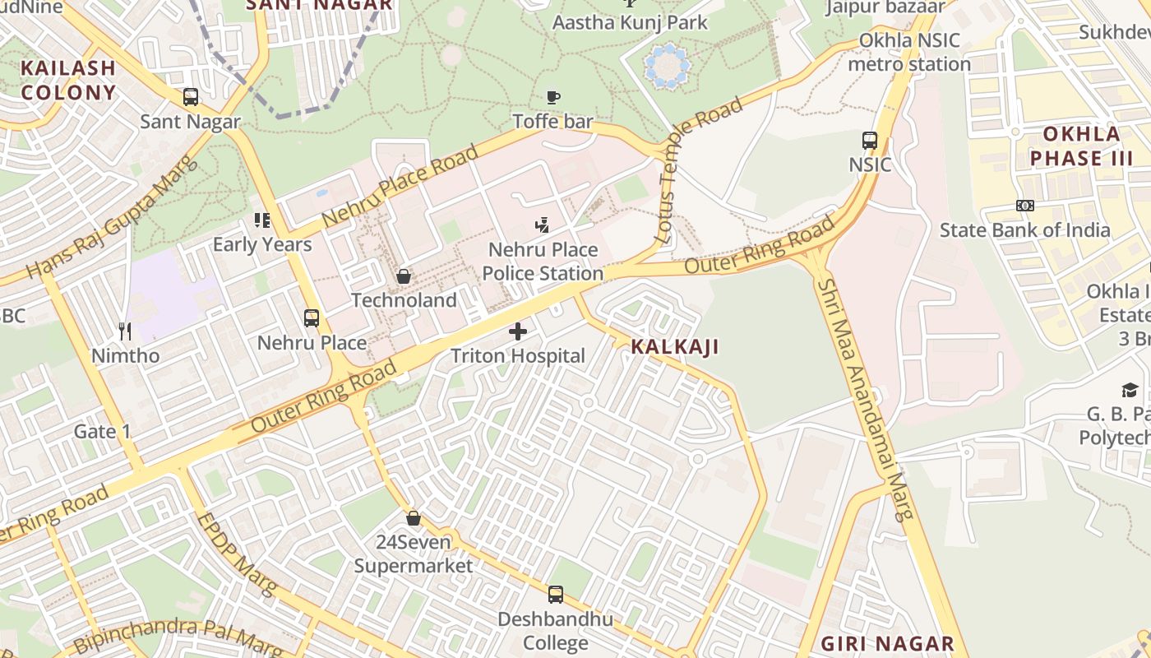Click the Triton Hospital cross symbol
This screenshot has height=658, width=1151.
(x=518, y=331)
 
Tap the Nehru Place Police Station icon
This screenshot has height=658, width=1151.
(x=542, y=225)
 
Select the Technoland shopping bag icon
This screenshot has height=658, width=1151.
(x=404, y=276)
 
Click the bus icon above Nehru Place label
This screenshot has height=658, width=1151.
(x=312, y=318)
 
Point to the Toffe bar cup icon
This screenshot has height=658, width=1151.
(x=554, y=97)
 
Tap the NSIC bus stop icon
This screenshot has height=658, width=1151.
(x=870, y=141)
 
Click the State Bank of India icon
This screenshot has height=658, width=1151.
(x=1024, y=206)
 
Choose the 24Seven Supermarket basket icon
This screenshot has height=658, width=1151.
(x=414, y=518)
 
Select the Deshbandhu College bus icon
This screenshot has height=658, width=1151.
(x=556, y=595)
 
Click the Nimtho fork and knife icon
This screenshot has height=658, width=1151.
(x=125, y=331)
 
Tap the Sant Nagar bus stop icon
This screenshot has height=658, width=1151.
(x=191, y=97)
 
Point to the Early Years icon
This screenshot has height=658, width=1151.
(x=262, y=220)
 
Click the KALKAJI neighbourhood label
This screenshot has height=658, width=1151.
(x=675, y=347)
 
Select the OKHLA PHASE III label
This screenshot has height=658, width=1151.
(x=1081, y=146)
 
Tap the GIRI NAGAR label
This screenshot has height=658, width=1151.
(x=887, y=643)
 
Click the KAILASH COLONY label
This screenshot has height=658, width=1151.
(x=68, y=80)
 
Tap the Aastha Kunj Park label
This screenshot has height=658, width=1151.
(x=630, y=22)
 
